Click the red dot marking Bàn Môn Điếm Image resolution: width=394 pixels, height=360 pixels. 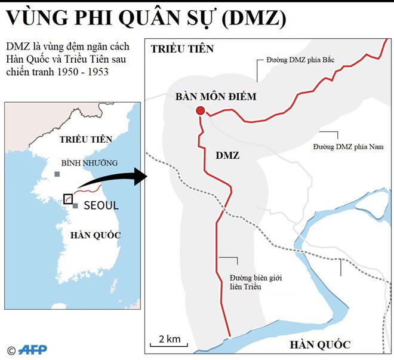[x=201, y=110]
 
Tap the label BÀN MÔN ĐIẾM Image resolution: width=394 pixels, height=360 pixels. [x=217, y=96]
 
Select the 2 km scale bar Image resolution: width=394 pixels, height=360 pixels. [x=170, y=341]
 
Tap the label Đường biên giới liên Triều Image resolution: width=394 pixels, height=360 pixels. [x=246, y=282]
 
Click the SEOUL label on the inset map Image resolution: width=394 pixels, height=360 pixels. [x=101, y=205]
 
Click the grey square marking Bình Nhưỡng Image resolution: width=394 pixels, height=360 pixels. [x=57, y=174]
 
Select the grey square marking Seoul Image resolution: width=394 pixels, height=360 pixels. [x=75, y=205]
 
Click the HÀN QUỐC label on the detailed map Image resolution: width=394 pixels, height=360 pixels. [x=319, y=344]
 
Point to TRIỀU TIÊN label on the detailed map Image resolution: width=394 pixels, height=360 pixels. [x=181, y=49]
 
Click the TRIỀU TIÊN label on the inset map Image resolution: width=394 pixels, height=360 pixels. [x=85, y=139]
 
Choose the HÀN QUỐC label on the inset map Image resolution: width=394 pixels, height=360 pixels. [x=95, y=235]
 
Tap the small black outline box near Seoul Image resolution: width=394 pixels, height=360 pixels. [x=68, y=199]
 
